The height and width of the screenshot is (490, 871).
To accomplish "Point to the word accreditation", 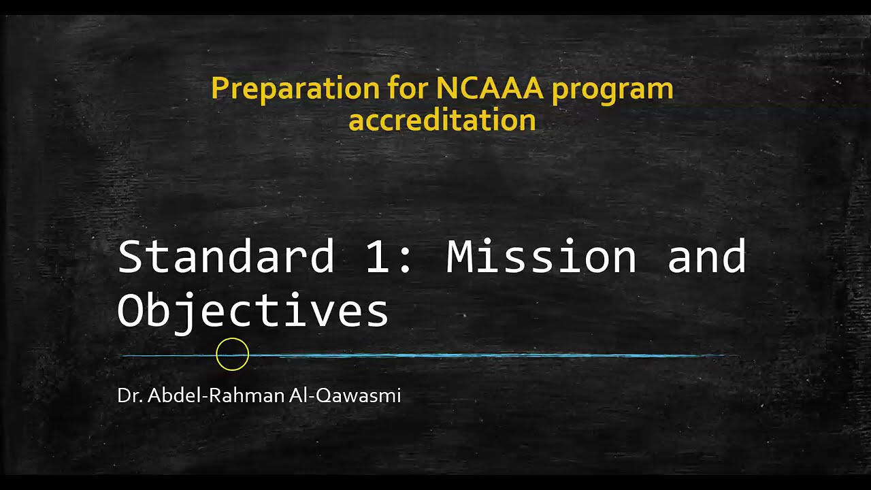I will [442, 120].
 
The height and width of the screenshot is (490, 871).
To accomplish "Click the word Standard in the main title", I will [226, 257].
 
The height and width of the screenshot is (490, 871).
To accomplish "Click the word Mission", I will [541, 257].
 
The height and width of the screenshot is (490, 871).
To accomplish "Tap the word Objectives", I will [253, 311].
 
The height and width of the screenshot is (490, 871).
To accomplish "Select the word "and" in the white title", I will [706, 257].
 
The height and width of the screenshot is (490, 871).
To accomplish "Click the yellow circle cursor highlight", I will [233, 355].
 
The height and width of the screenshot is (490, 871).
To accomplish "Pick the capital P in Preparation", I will [218, 89].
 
